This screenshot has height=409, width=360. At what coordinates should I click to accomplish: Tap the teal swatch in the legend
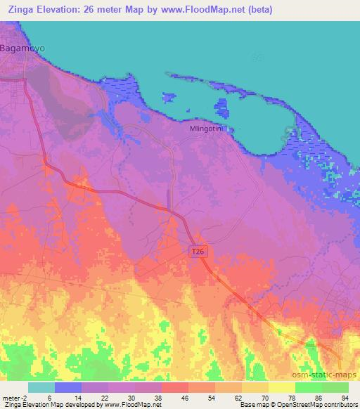coord(41,387)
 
